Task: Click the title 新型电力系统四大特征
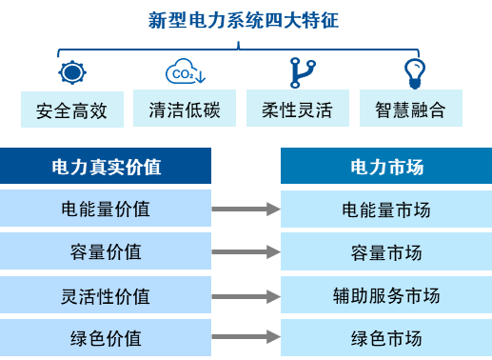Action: [246, 21]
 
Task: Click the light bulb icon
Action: [414, 72]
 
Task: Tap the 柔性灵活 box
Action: [298, 109]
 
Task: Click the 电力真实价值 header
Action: [106, 167]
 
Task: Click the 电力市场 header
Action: [386, 167]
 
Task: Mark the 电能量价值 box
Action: [106, 209]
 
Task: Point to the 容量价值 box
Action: [106, 251]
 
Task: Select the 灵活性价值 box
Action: [106, 295]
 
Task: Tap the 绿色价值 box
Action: [106, 338]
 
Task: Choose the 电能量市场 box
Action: [386, 209]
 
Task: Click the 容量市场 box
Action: [386, 251]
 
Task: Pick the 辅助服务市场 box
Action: [386, 295]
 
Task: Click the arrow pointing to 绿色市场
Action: [246, 338]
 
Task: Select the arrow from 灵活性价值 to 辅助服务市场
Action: [246, 295]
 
